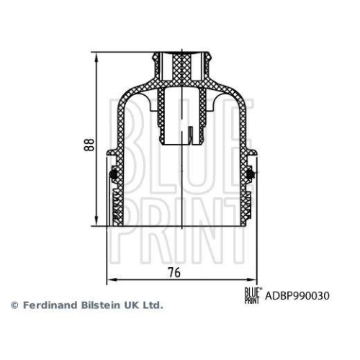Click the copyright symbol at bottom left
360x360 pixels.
pos(14,305)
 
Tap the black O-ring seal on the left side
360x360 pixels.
pos(112,173)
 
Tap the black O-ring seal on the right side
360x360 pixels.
pos(250,173)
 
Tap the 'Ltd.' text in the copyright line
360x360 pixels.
pos(153,305)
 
